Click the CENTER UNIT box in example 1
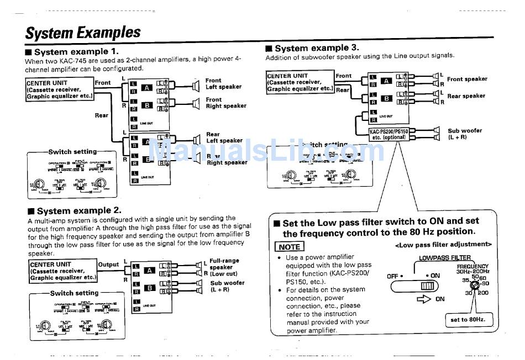59,89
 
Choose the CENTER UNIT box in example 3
300,82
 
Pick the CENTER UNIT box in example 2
62,271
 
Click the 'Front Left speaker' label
223,83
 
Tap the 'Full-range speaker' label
224,263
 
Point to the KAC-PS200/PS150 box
389,134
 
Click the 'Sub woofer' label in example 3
464,134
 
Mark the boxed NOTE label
289,247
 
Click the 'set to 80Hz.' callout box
467,320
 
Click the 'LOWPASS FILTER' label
444,258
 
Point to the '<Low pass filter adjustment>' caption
443,244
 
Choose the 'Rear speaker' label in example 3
466,96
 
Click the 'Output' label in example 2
108,264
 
